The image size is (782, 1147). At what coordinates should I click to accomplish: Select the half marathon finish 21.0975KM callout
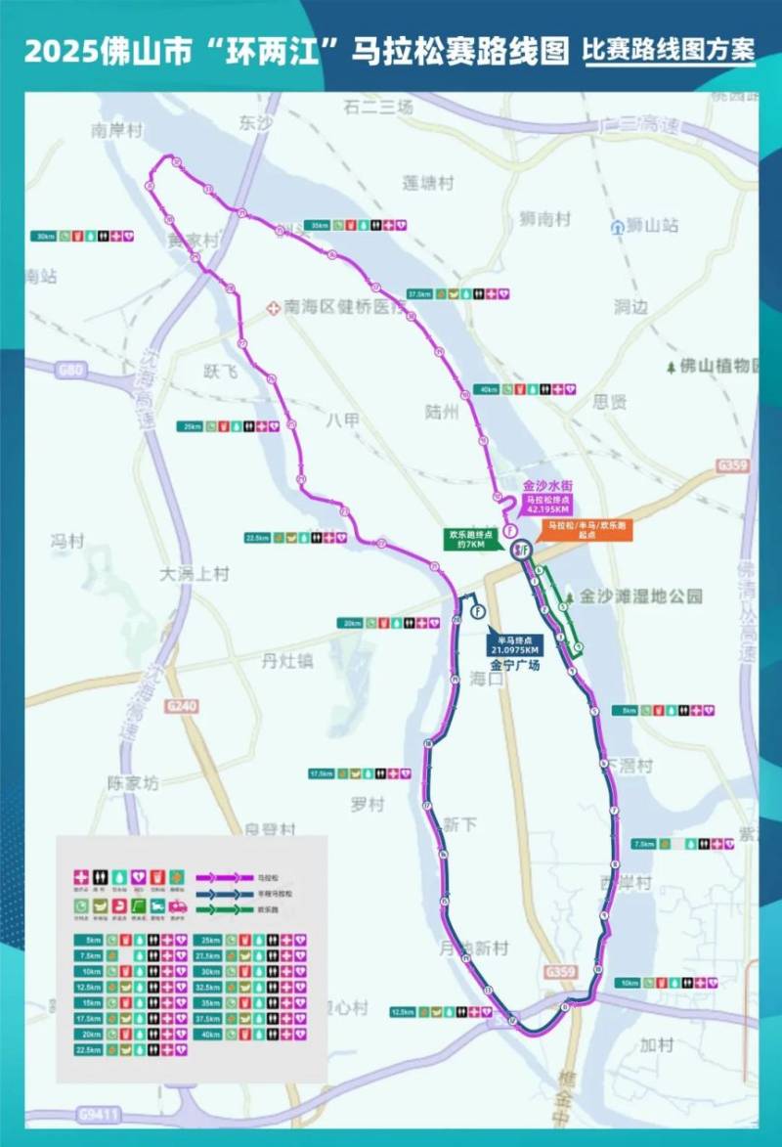(515, 644)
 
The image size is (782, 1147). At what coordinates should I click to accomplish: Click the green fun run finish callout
(467, 540)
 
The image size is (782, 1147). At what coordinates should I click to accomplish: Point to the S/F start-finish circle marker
(521, 551)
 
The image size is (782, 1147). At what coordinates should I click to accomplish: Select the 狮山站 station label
(652, 226)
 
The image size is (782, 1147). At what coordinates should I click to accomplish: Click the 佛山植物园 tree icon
(671, 367)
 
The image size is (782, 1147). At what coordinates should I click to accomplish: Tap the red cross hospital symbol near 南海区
(274, 307)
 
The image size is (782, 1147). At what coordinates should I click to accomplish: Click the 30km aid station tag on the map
(45, 237)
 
